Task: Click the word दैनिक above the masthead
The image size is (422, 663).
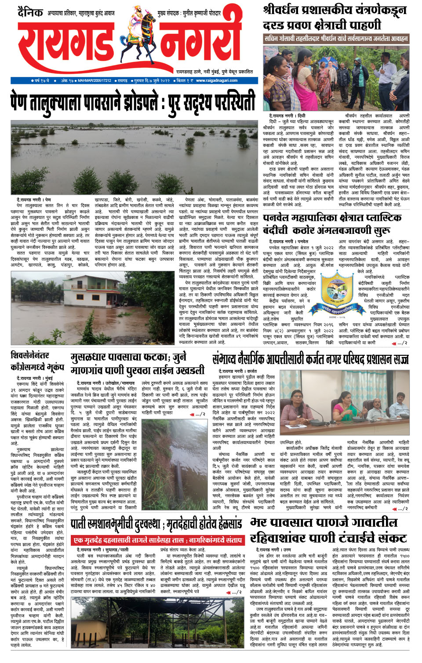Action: click(x=30, y=12)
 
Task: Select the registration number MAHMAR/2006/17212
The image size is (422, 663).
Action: click(x=95, y=81)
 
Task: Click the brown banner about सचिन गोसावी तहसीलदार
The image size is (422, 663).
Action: click(x=336, y=39)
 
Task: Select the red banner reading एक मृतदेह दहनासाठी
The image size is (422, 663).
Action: click(x=158, y=540)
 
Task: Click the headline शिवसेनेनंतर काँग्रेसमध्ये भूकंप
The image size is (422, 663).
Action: click(x=37, y=361)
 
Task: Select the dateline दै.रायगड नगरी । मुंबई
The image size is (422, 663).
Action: click(x=35, y=378)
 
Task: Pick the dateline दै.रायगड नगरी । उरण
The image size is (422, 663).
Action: click(x=274, y=550)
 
